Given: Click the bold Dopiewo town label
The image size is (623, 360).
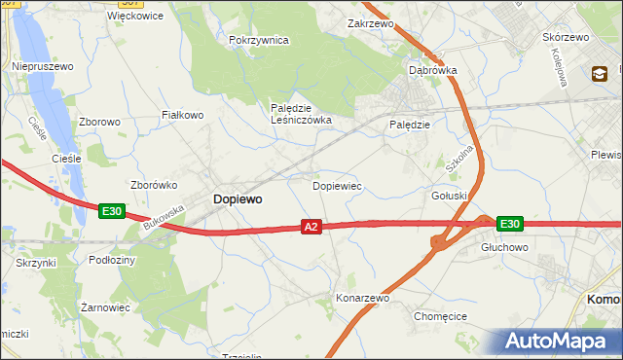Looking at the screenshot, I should tap(237, 198).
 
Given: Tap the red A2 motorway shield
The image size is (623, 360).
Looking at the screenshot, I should tap(311, 227).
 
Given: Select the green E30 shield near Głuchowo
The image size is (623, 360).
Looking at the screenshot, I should tap(509, 224).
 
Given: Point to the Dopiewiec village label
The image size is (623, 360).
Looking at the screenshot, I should tap(337, 184).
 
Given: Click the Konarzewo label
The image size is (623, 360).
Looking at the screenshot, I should tap(362, 298).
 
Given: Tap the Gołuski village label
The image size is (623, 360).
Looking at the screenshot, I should tap(450, 195).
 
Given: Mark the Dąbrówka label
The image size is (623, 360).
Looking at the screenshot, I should tap(432, 71).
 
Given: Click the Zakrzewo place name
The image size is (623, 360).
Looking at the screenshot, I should tap(369, 22).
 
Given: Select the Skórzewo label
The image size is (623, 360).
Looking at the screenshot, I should tap(565, 37).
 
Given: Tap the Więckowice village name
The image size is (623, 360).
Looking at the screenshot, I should tap(134, 17).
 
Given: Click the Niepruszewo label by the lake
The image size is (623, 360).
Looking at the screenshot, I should tap(43, 66).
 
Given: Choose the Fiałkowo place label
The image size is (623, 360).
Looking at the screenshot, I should tap(182, 115).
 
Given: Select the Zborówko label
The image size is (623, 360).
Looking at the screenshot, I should tap(152, 184).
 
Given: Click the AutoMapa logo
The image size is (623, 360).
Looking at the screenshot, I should tap(559, 341).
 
